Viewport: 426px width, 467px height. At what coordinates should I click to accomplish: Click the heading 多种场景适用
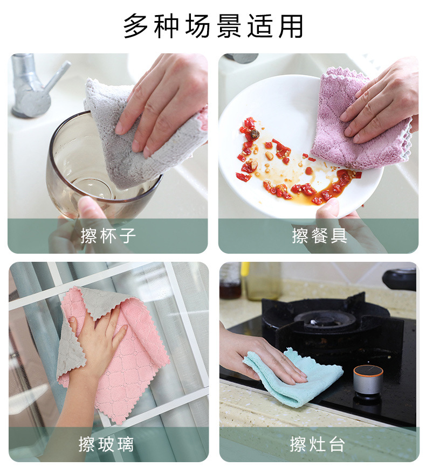tap(213, 26)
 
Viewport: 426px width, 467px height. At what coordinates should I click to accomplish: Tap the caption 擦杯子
tap(108, 235)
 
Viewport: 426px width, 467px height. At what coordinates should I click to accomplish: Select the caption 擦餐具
tap(319, 235)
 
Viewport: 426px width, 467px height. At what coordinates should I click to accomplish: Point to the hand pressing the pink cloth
tap(97, 339)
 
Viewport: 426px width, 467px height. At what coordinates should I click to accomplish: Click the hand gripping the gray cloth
tap(162, 102)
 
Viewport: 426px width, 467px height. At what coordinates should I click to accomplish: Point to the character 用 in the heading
tap(291, 26)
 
